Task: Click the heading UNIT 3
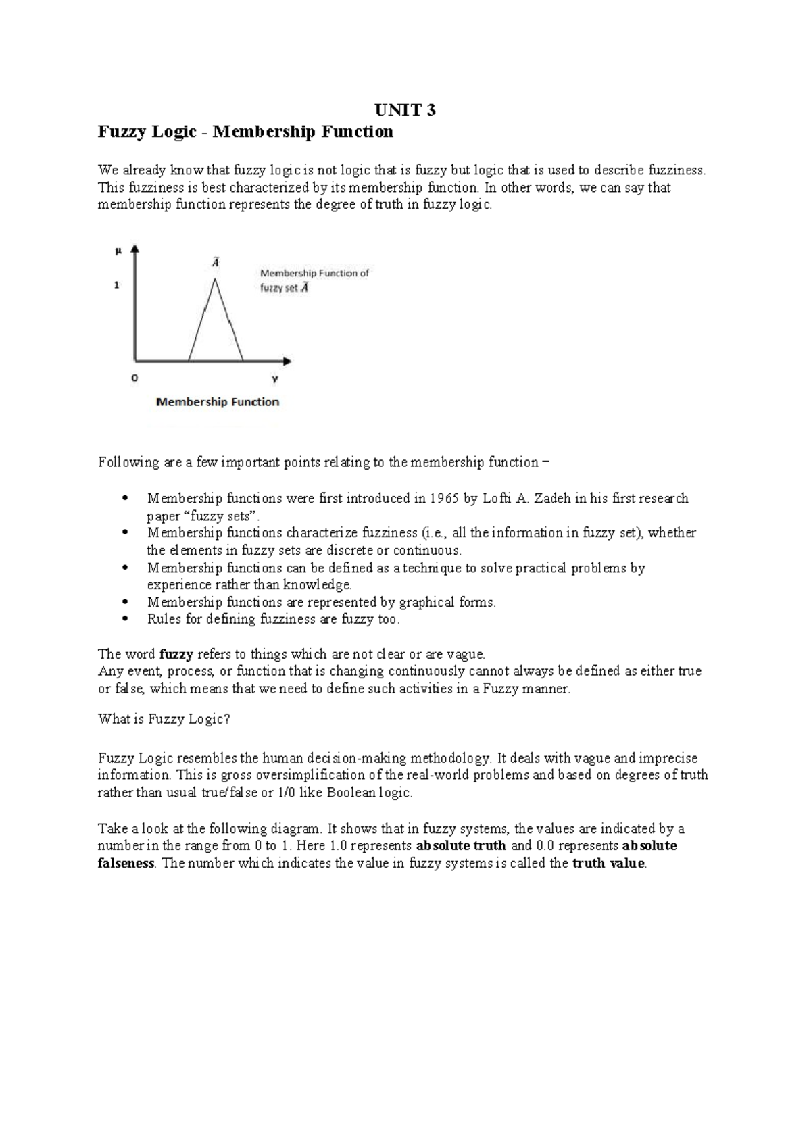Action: tap(405, 109)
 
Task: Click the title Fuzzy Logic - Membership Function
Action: tap(245, 132)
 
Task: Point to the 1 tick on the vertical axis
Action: tap(117, 285)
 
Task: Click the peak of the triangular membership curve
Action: tap(215, 280)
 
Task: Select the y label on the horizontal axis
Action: tap(275, 379)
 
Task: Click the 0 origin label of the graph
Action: tap(134, 379)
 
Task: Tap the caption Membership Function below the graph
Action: tap(218, 402)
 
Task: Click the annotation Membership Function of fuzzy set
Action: tap(314, 280)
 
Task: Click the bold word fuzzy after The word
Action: tap(176, 654)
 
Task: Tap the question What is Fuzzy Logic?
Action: tap(164, 719)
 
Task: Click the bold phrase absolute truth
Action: tap(461, 846)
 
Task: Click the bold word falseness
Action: tap(126, 864)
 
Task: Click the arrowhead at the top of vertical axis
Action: tap(135, 248)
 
